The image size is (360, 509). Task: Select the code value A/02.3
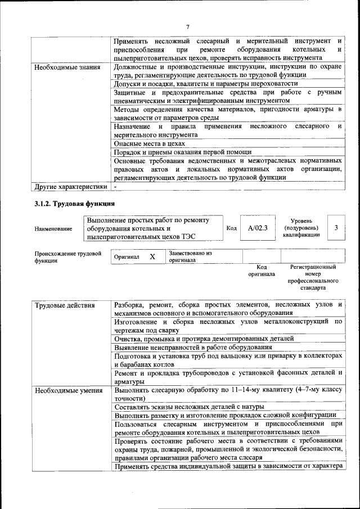coord(258,228)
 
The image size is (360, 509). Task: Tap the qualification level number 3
coord(336,228)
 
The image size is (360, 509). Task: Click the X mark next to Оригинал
coord(152,256)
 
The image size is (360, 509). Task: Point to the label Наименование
coord(53,229)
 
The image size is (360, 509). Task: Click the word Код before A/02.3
coord(231,228)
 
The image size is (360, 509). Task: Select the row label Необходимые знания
coord(67,67)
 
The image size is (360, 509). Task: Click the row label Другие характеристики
coord(70,186)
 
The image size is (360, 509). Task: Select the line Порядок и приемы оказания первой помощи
coord(182,152)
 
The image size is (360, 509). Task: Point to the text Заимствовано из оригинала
coord(190,256)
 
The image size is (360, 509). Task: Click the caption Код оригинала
coord(262,271)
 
